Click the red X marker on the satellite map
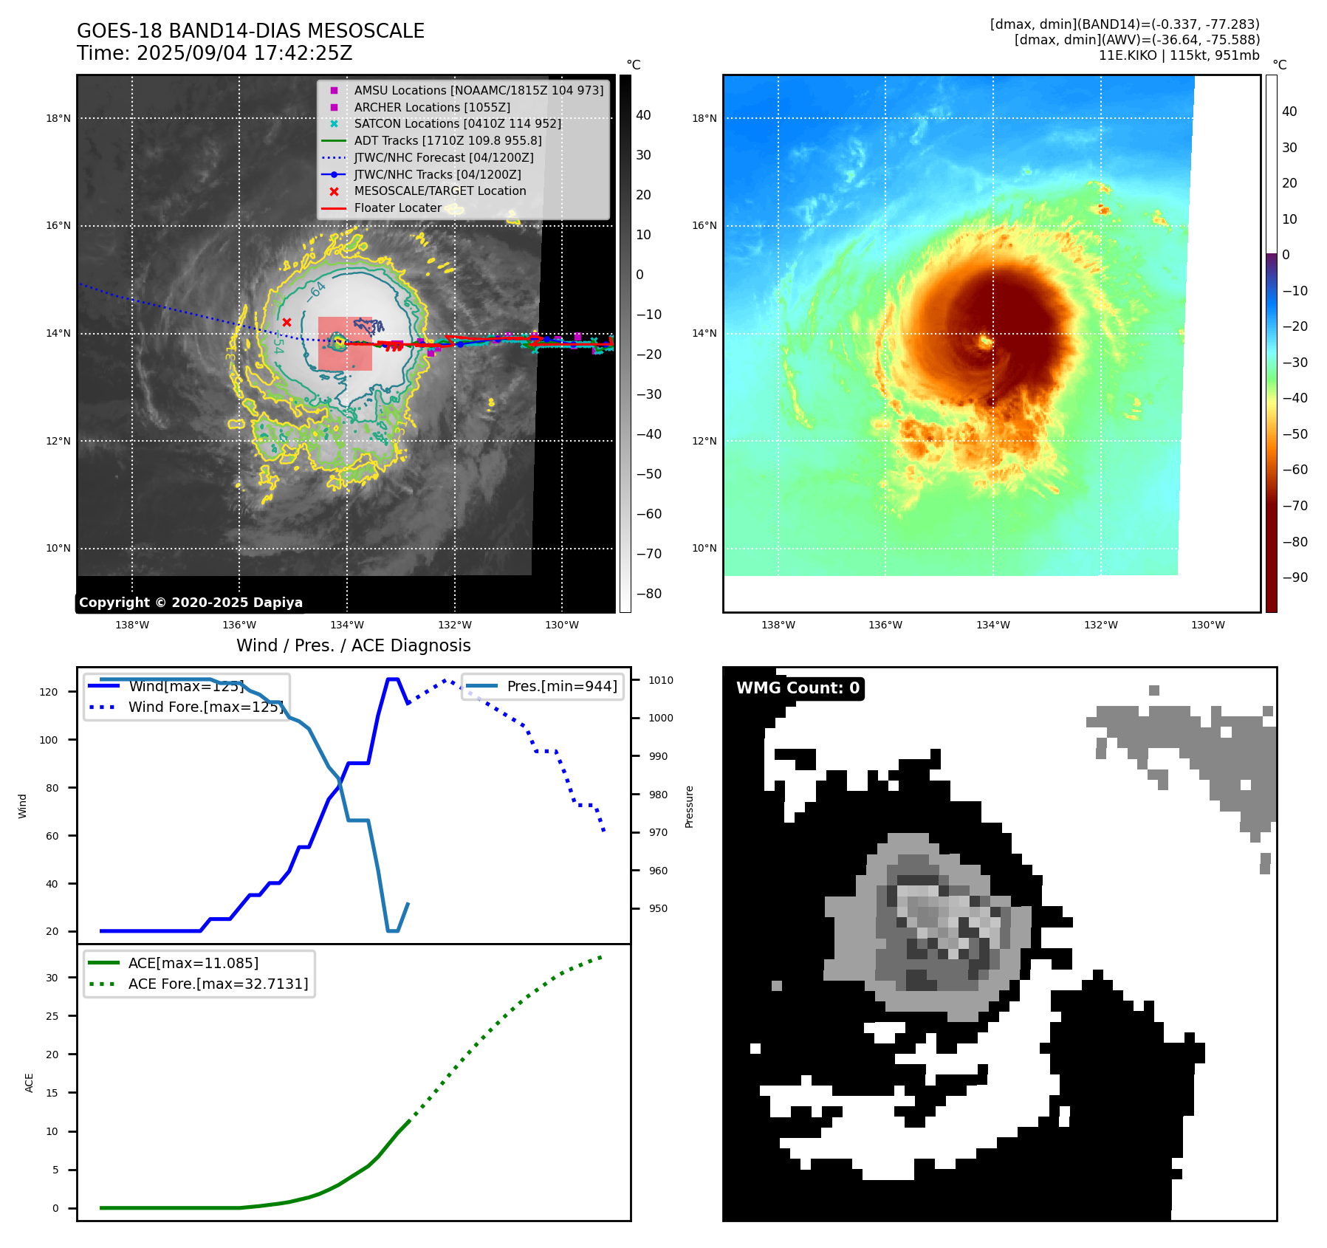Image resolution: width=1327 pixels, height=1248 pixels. (x=287, y=322)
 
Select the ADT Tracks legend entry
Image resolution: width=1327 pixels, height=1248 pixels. (x=448, y=140)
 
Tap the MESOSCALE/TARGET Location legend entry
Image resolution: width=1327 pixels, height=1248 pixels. (x=439, y=191)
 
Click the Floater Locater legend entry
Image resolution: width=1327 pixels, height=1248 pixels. (x=397, y=208)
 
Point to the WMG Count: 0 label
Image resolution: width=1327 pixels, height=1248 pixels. (x=798, y=688)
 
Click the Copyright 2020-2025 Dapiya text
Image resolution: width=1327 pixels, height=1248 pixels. (x=191, y=603)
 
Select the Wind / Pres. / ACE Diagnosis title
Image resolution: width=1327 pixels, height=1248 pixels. (x=353, y=645)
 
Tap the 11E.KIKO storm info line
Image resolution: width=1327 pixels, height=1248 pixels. (x=1179, y=55)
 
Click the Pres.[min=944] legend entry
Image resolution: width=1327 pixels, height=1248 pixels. (x=561, y=686)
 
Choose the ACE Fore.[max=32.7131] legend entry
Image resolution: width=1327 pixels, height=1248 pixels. (x=218, y=984)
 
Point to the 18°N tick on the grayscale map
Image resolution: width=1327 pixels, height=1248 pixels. (x=58, y=118)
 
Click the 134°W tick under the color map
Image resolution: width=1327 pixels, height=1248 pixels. (x=992, y=625)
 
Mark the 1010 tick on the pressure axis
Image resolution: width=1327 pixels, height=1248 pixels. (x=661, y=680)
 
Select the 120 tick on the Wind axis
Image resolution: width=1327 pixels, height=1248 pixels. (x=49, y=692)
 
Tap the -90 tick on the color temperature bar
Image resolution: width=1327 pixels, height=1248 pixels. (x=1295, y=577)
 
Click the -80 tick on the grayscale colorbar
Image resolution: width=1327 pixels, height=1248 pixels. (x=648, y=594)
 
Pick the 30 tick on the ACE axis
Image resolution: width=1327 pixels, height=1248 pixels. (x=52, y=978)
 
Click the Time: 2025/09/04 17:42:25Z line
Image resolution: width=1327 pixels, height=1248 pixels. (x=214, y=53)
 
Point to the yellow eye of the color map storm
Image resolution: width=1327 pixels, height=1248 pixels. (x=985, y=341)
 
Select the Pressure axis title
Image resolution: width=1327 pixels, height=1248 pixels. (x=689, y=806)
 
